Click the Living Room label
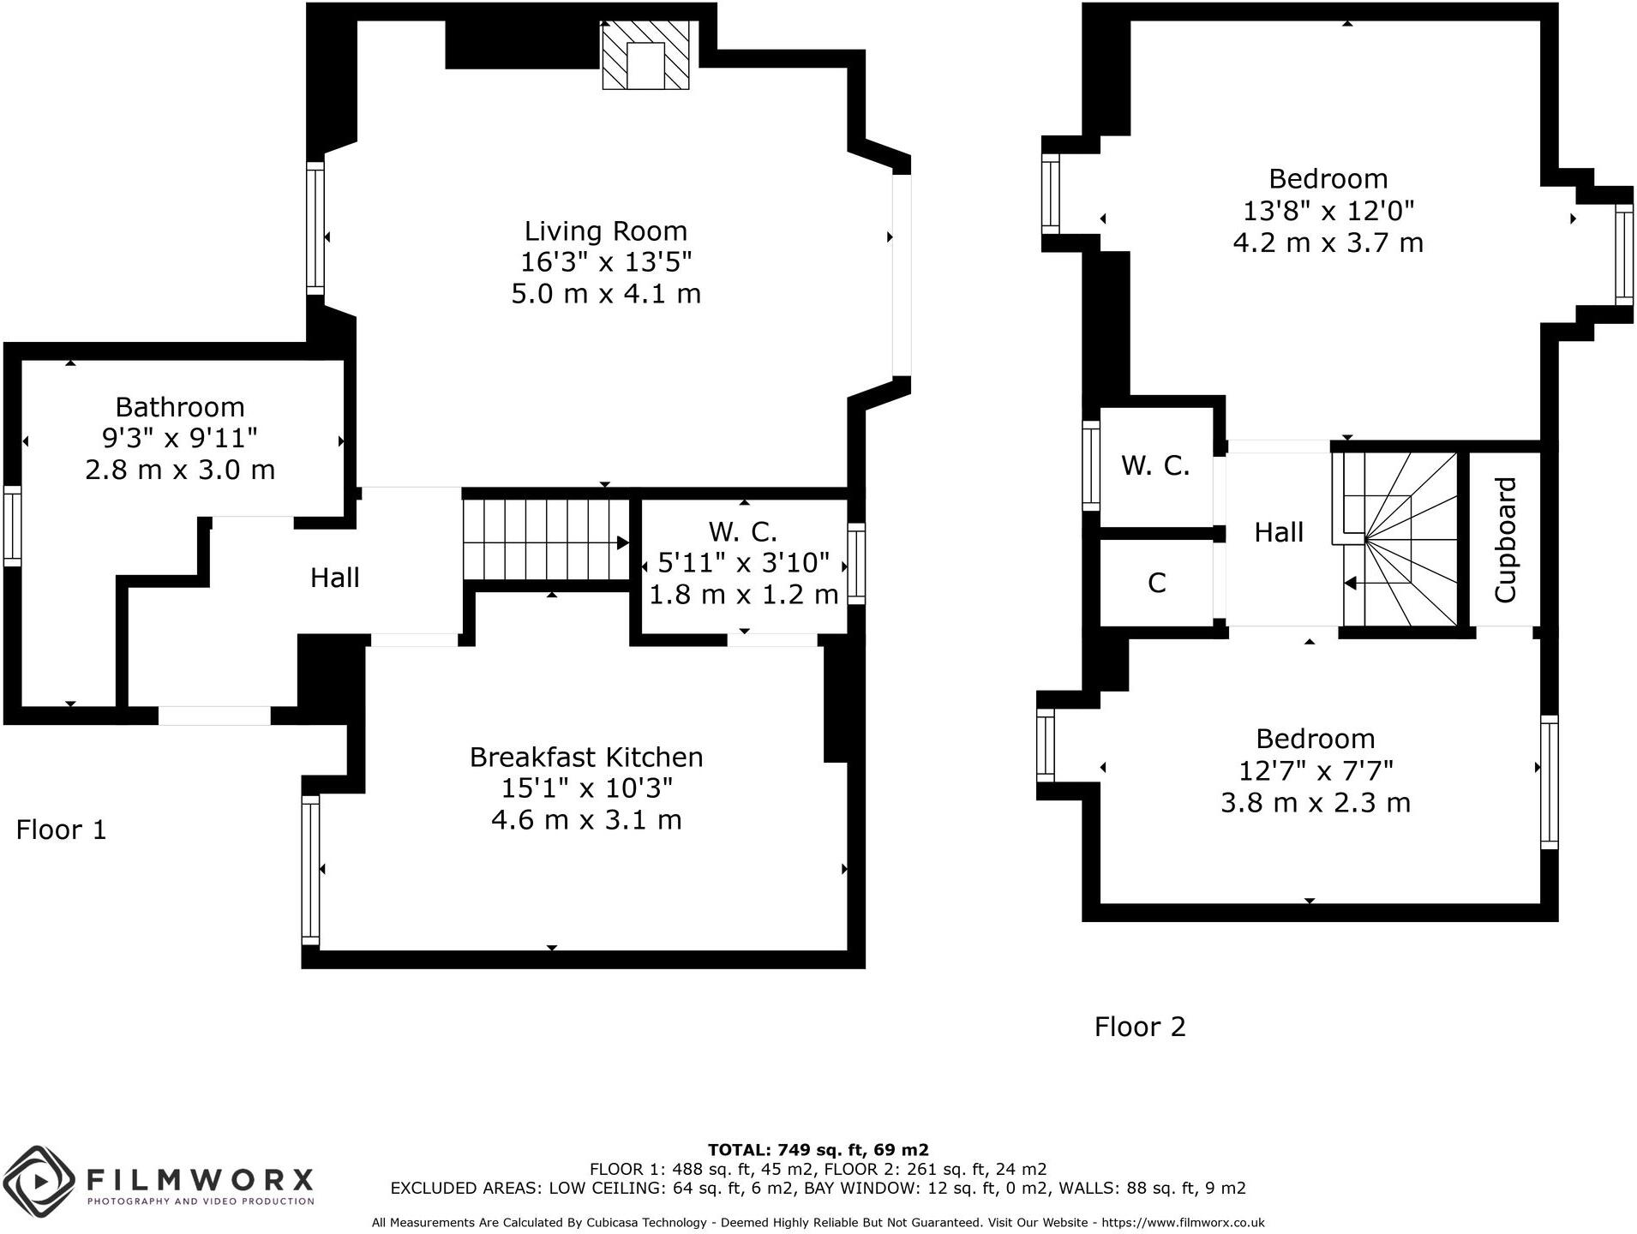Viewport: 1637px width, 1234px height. pyautogui.click(x=605, y=231)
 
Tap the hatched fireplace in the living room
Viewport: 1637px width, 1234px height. pyautogui.click(x=645, y=55)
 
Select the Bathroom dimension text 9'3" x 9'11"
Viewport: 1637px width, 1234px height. pyautogui.click(x=179, y=438)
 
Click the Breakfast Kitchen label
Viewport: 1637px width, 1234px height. pyautogui.click(x=586, y=757)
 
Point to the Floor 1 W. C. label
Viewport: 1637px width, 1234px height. pyautogui.click(x=742, y=531)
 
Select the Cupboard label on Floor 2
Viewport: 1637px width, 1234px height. pyautogui.click(x=1505, y=540)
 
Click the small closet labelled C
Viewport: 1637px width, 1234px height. pyautogui.click(x=1156, y=583)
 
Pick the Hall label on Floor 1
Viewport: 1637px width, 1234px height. pyautogui.click(x=334, y=578)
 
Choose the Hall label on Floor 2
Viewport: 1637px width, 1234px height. pyautogui.click(x=1279, y=532)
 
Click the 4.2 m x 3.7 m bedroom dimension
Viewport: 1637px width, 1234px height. pyautogui.click(x=1328, y=243)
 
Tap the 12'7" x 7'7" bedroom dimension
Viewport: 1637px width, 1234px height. pyautogui.click(x=1316, y=770)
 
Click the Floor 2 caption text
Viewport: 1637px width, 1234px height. pyautogui.click(x=1139, y=1026)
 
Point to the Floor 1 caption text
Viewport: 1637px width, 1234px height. pyautogui.click(x=62, y=830)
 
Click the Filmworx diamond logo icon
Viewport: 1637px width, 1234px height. pyautogui.click(x=38, y=1181)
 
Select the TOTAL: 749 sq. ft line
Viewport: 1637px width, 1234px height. pyautogui.click(x=818, y=1150)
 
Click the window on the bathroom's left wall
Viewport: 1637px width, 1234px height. pyautogui.click(x=12, y=525)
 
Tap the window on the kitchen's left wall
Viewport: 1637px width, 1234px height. pyautogui.click(x=310, y=870)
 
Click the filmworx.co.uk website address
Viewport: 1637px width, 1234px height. pyautogui.click(x=1183, y=1223)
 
